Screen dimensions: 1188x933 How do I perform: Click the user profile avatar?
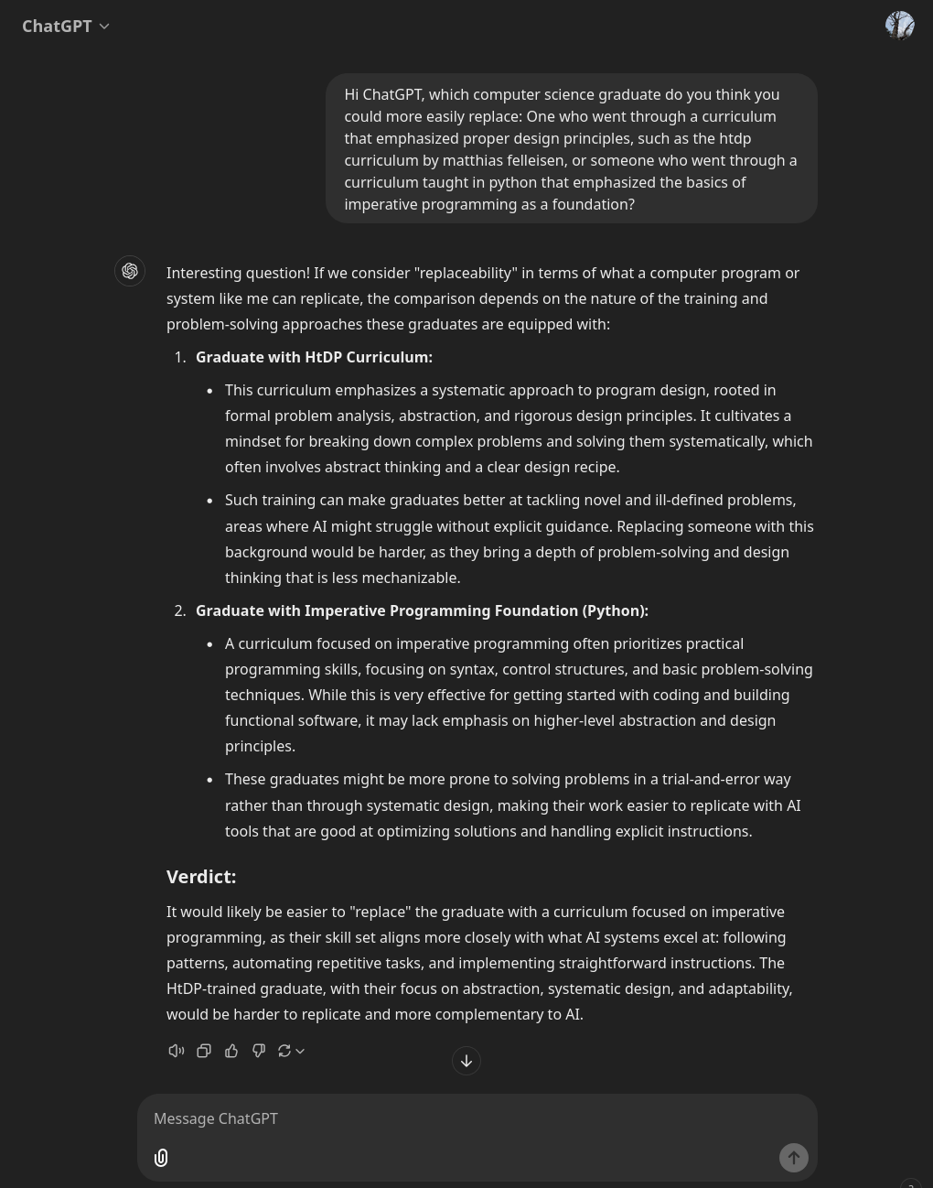(x=899, y=26)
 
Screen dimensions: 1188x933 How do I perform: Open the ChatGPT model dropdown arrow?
(x=104, y=27)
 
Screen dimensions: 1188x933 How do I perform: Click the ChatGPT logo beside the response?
(x=130, y=271)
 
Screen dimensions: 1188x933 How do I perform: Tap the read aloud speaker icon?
(x=177, y=1051)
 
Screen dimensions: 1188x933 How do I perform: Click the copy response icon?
(x=204, y=1051)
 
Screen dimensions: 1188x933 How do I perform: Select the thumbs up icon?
(x=231, y=1051)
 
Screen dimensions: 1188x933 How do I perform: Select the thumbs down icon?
(x=259, y=1051)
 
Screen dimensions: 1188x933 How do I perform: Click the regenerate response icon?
(x=284, y=1051)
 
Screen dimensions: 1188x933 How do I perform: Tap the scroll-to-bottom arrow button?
(x=466, y=1061)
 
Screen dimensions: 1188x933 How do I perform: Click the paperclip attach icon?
(x=161, y=1158)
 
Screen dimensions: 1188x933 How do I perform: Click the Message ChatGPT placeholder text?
(x=216, y=1118)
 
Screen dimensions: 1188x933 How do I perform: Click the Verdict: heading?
(x=201, y=877)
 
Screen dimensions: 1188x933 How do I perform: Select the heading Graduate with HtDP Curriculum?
(x=314, y=357)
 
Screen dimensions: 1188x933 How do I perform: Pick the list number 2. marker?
(x=180, y=610)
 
